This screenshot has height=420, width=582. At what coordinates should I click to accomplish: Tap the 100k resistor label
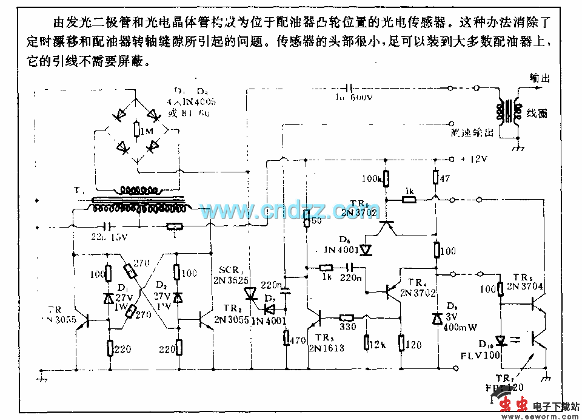click(x=370, y=179)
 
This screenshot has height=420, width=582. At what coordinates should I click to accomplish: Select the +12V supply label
click(x=475, y=160)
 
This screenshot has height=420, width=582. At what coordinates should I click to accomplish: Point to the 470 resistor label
click(x=297, y=341)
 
